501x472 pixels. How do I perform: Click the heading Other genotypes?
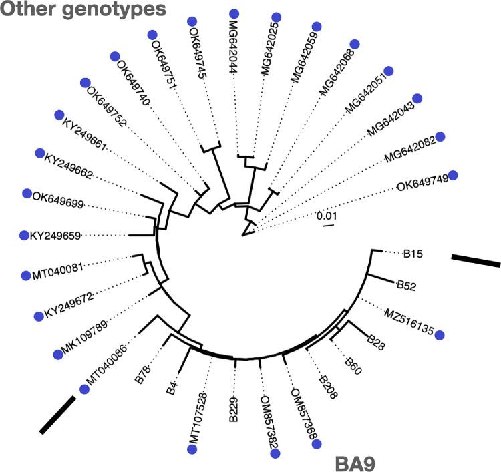(x=83, y=10)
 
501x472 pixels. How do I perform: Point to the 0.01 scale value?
(x=326, y=216)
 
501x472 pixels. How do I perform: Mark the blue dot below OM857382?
(x=274, y=454)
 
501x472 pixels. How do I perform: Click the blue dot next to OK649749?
(x=454, y=175)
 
